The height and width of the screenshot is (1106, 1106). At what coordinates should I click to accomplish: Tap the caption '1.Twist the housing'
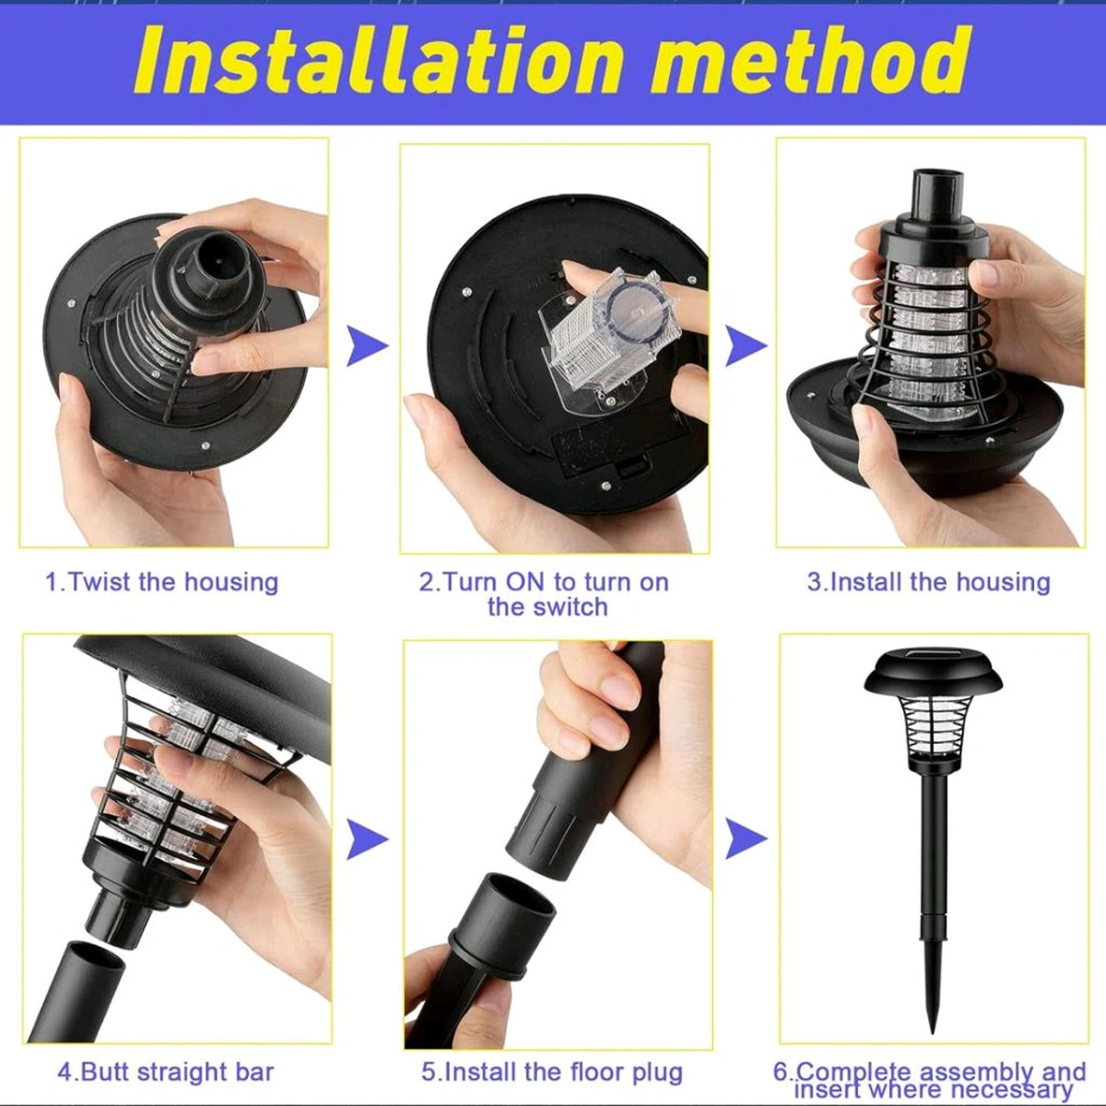point(162,582)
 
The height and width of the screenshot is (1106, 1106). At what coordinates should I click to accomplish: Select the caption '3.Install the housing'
point(928,582)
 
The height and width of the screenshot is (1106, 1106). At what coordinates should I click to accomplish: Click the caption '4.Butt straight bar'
point(166,1072)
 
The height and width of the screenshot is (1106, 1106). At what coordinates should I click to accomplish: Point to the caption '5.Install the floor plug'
point(552,1072)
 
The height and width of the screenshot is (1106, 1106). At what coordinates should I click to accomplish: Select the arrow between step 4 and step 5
point(367,839)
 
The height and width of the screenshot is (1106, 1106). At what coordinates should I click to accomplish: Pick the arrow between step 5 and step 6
point(745,839)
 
